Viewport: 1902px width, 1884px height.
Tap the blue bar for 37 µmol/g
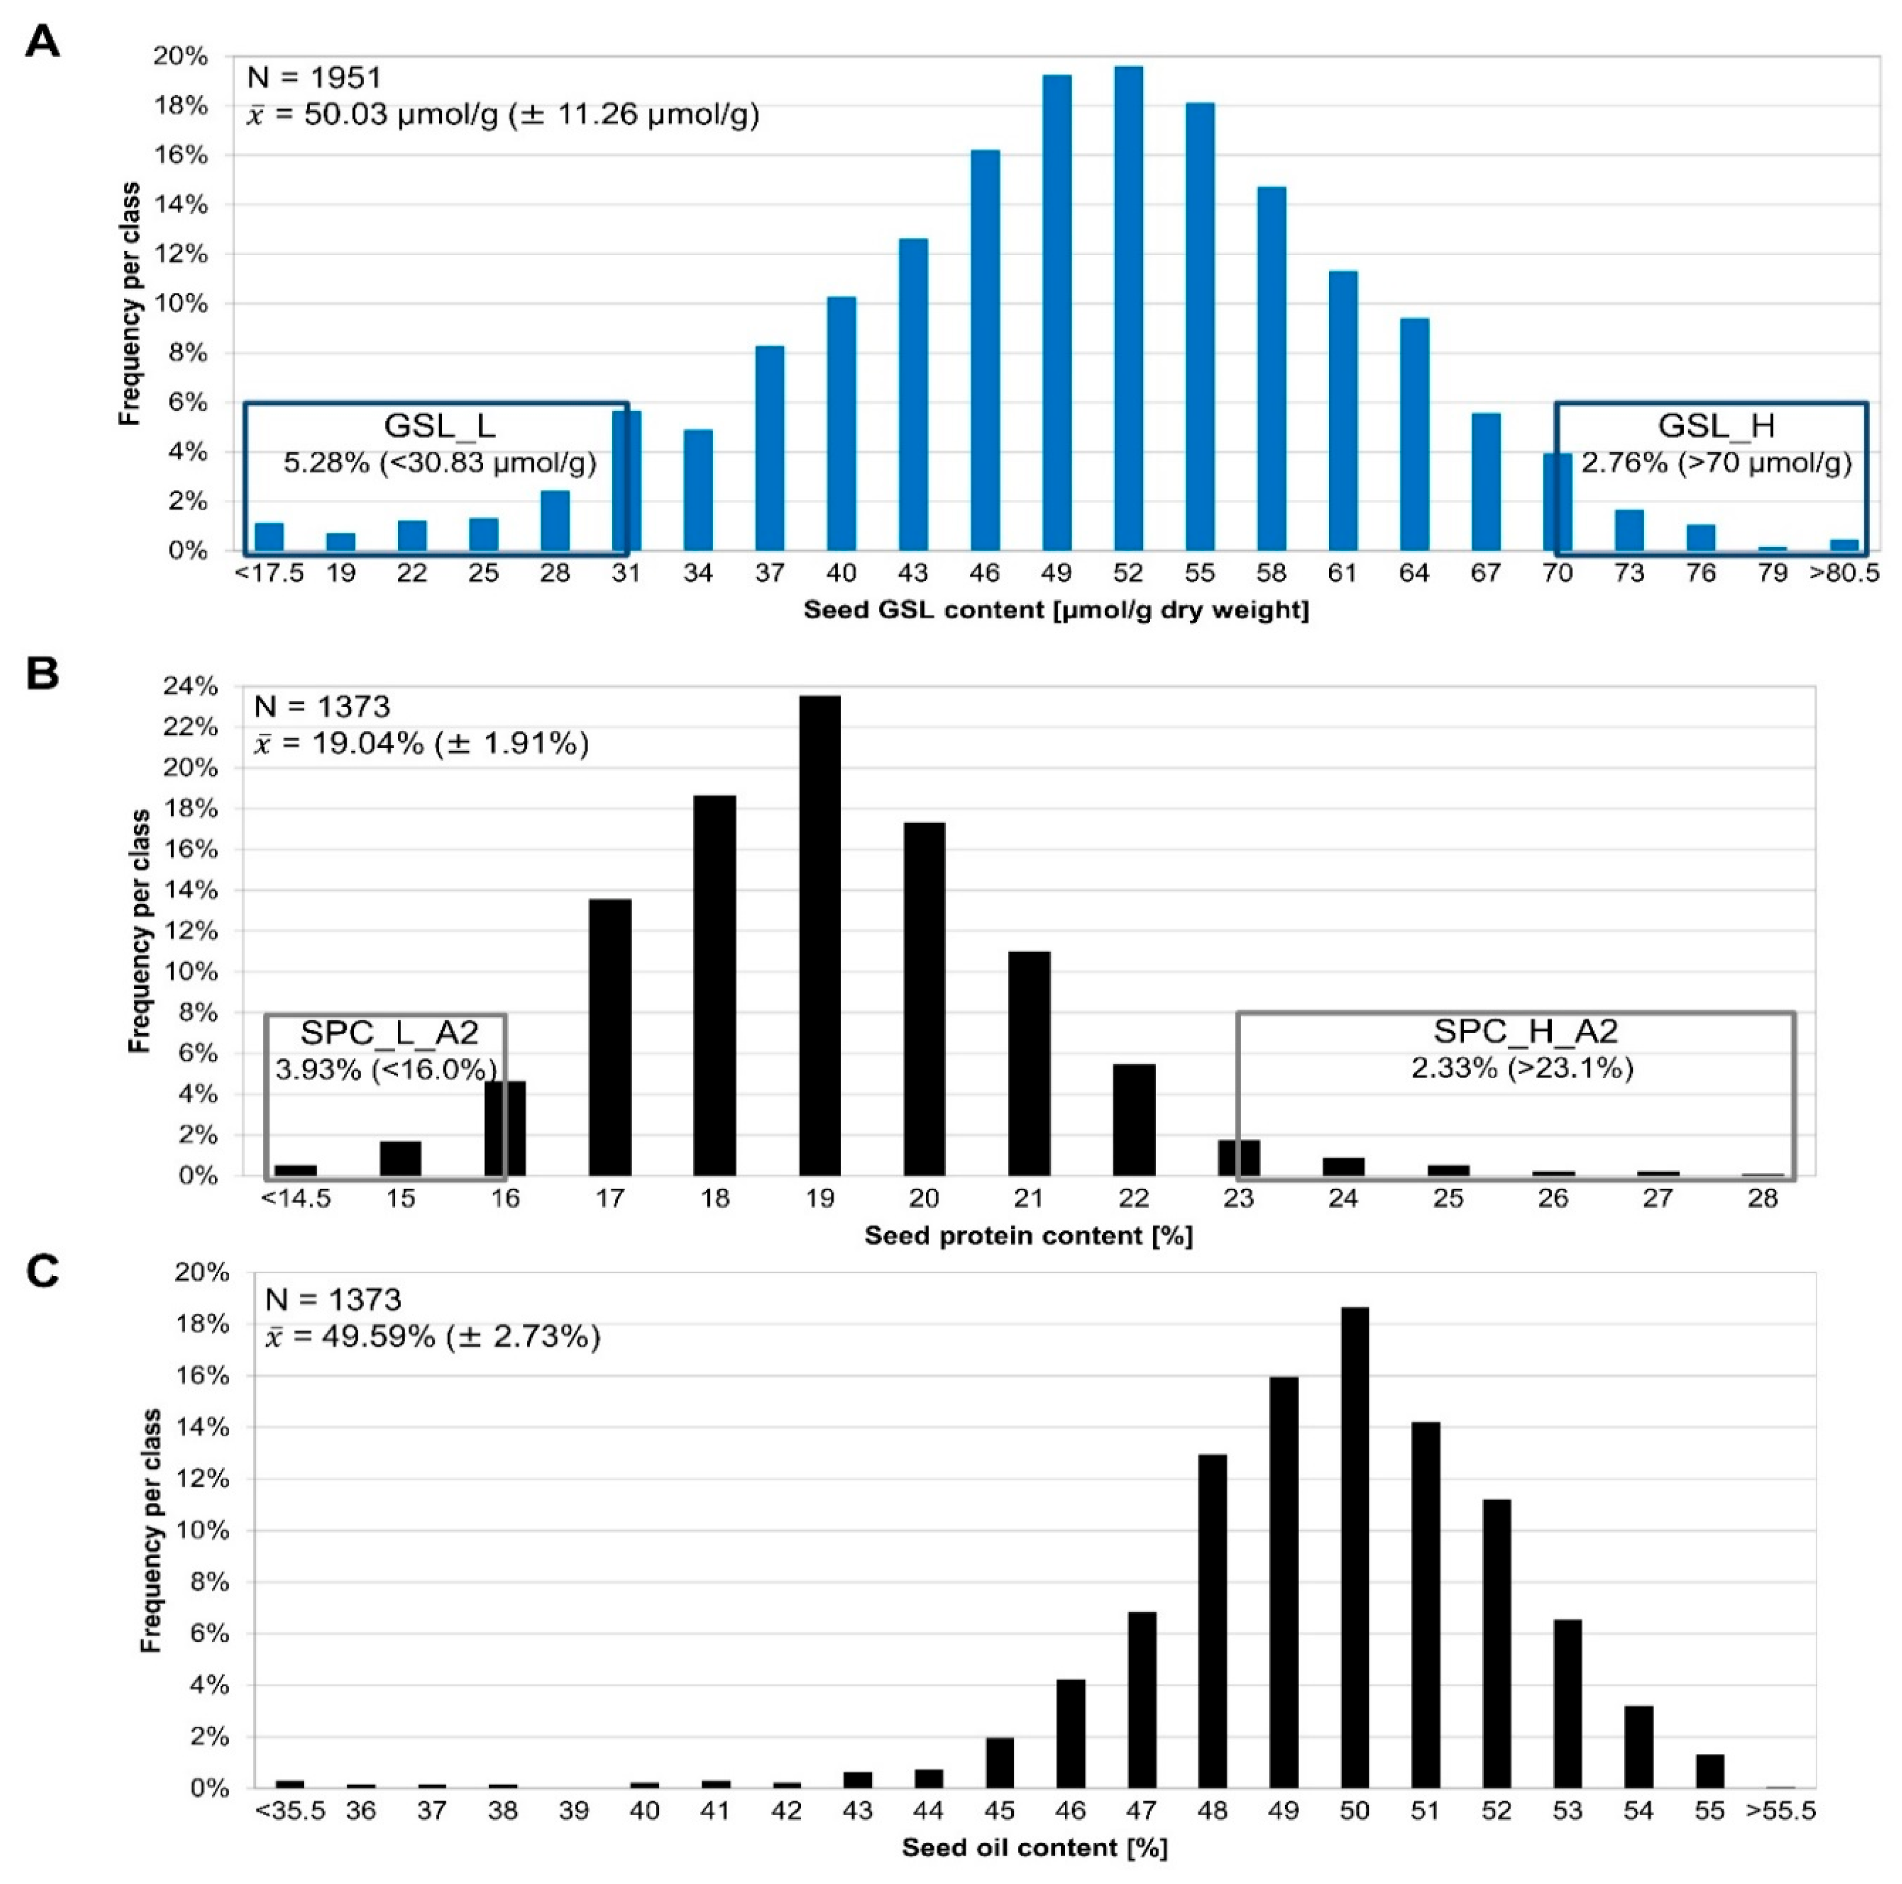tap(770, 448)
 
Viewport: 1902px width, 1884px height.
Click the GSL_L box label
tap(439, 426)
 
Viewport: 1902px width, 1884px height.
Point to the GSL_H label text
tap(1716, 426)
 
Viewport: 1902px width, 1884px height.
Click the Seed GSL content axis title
tap(1056, 610)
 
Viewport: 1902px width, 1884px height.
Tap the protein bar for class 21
tap(1029, 1064)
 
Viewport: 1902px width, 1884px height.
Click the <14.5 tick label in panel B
tap(295, 1198)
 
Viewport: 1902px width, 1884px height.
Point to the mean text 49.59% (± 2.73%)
tap(433, 1337)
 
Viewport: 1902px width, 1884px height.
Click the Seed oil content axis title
tap(1035, 1847)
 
